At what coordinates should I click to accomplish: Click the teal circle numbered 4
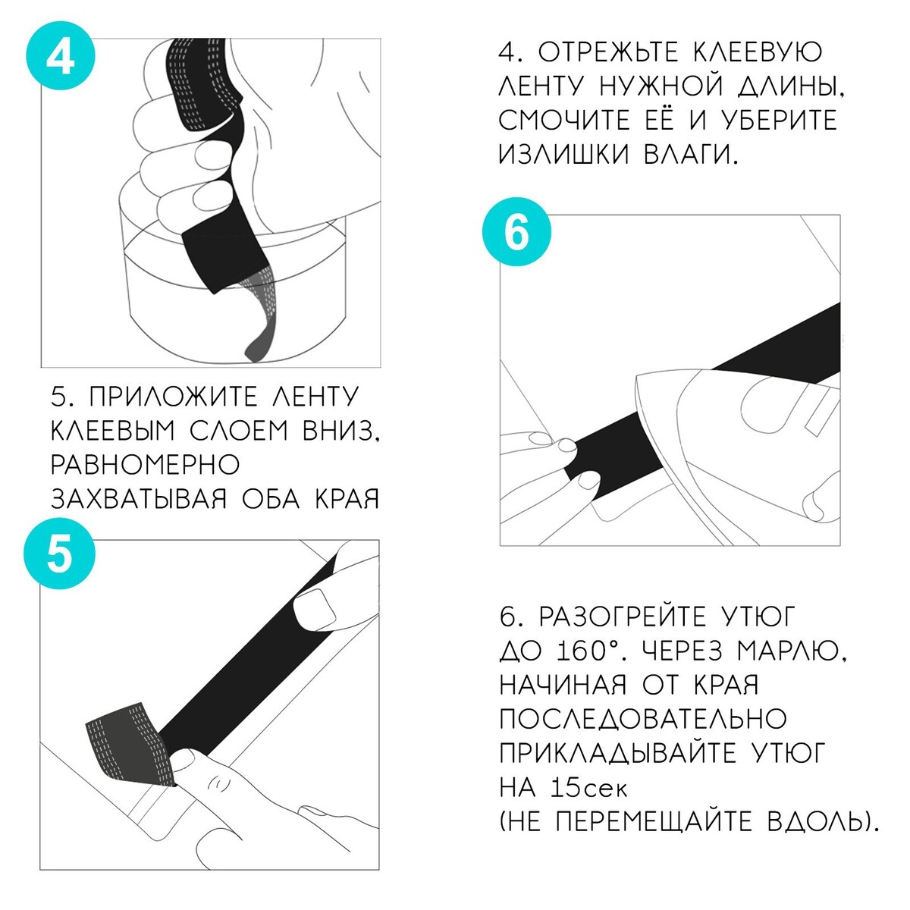(61, 55)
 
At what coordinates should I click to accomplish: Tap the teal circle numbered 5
(59, 554)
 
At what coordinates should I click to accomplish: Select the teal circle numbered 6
(516, 232)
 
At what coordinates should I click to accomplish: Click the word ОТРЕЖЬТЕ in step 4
(608, 52)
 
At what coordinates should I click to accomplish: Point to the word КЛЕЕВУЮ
(758, 52)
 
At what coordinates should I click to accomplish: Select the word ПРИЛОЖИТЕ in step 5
(174, 397)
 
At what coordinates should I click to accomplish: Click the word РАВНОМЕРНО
(145, 465)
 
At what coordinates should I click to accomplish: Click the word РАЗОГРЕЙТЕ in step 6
(623, 617)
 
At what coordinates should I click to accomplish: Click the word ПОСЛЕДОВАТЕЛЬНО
(643, 719)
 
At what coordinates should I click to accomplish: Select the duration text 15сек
(588, 787)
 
